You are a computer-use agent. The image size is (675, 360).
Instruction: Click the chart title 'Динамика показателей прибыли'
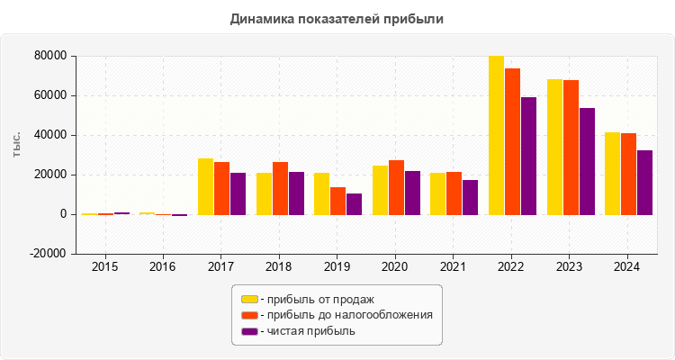(337, 18)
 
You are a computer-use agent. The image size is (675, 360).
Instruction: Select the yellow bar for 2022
(496, 135)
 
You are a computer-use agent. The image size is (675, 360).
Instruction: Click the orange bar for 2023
(571, 148)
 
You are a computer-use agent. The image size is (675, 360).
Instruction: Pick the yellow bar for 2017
(206, 186)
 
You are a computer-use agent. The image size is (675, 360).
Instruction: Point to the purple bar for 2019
(354, 204)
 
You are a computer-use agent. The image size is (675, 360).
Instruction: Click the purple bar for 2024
(644, 183)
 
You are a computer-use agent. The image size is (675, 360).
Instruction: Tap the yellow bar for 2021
(437, 193)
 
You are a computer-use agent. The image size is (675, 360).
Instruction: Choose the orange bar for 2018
(280, 188)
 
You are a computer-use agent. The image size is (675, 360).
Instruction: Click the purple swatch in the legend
(249, 331)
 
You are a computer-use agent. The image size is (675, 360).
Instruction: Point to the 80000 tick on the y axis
(51, 56)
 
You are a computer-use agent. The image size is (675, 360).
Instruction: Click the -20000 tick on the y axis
(49, 254)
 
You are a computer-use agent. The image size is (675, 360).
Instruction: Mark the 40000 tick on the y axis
(51, 135)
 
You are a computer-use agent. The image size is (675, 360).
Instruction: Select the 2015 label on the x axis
(104, 267)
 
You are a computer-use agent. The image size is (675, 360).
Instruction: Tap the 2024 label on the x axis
(626, 267)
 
